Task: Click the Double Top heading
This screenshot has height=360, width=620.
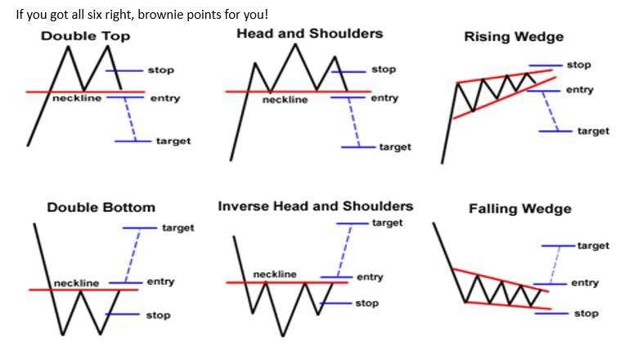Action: tap(85, 36)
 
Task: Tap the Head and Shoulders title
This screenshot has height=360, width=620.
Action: tap(310, 34)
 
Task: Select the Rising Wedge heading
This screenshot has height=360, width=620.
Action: tap(514, 37)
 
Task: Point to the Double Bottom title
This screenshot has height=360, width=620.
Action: tap(101, 207)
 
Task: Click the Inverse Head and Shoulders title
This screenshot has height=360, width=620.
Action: tap(316, 206)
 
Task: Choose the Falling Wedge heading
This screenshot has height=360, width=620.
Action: tap(520, 209)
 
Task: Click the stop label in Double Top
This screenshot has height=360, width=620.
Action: tap(161, 70)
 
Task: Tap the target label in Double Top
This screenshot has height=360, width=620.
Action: tap(173, 142)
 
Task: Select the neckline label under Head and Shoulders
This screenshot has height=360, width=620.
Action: tap(285, 100)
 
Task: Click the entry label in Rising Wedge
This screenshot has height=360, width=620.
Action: tap(580, 90)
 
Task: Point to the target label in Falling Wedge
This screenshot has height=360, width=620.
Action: tap(593, 245)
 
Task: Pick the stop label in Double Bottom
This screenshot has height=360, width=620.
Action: tap(158, 315)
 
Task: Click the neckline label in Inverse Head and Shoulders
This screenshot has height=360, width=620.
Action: tap(275, 274)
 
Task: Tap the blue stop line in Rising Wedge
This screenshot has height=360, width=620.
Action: tap(546, 65)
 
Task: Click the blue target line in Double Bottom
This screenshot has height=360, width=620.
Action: tap(140, 228)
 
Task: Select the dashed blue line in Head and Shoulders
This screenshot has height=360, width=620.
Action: tap(354, 122)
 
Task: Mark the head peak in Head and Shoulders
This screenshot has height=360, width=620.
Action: tap(295, 44)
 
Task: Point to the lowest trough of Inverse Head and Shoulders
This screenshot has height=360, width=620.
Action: tap(283, 336)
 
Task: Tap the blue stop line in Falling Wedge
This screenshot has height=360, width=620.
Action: tap(551, 313)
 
